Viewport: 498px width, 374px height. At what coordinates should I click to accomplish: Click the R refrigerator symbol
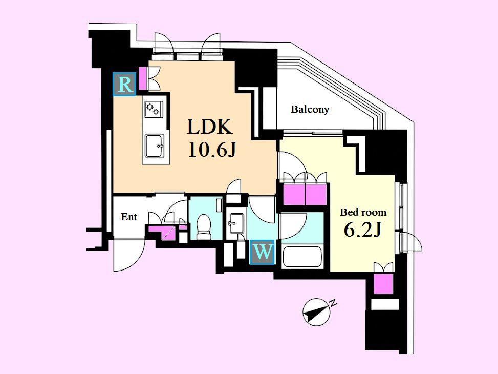[124, 84]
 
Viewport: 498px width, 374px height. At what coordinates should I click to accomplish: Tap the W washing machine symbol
[263, 252]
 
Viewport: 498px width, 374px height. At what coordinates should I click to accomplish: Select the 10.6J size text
[212, 149]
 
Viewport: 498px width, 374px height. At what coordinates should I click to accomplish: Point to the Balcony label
[310, 110]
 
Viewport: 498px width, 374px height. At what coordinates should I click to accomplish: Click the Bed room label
[363, 212]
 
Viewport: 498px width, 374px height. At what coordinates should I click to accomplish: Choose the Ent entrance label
[129, 217]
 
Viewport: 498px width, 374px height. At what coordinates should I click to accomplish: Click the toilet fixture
[204, 226]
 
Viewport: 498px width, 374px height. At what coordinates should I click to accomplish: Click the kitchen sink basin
[155, 146]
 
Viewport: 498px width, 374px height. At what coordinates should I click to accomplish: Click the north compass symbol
[316, 312]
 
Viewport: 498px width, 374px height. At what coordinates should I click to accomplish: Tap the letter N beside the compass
[333, 303]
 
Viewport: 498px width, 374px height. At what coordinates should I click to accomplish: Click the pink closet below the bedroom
[383, 284]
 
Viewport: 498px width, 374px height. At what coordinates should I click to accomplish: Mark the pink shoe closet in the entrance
[162, 232]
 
